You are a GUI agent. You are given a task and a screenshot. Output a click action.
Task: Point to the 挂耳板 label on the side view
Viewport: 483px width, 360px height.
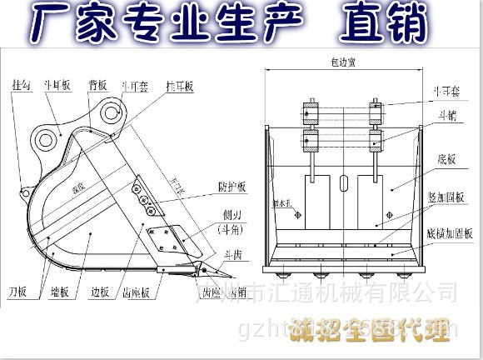179,86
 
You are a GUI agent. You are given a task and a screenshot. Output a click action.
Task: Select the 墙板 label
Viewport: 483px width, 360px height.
58,292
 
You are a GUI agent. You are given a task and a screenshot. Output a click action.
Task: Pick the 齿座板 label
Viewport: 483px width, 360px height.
136,292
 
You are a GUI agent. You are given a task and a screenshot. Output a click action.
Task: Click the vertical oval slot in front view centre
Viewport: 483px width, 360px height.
342,185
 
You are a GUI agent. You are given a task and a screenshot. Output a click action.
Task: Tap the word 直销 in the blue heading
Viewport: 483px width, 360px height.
382,22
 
